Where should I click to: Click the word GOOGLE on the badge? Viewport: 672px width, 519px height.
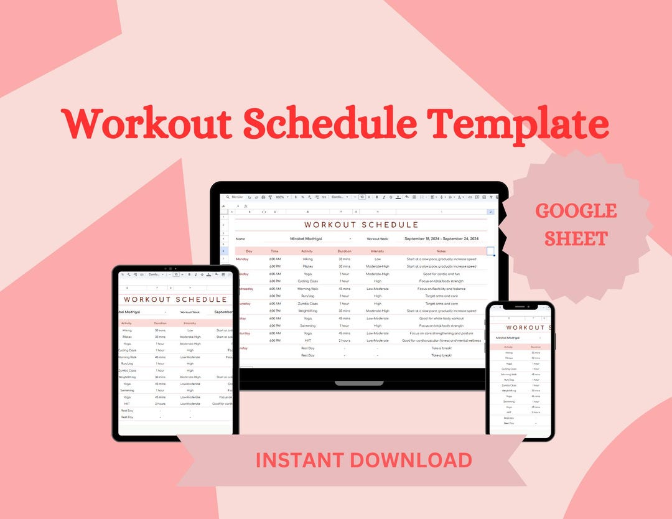point(576,211)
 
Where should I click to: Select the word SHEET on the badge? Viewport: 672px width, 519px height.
point(576,238)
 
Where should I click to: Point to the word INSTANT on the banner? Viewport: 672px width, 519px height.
point(300,460)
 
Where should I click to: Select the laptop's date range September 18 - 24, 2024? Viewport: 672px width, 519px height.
point(441,238)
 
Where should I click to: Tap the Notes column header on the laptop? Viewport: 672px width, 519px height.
point(441,251)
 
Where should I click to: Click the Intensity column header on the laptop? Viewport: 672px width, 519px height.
point(377,251)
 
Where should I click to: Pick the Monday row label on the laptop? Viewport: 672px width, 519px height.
point(242,259)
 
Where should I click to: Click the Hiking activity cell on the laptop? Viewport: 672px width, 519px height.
point(307,259)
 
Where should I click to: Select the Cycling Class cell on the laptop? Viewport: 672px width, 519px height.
point(307,281)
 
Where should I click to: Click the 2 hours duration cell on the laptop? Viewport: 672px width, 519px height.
point(344,340)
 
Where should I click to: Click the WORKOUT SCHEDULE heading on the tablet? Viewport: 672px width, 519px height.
point(175,300)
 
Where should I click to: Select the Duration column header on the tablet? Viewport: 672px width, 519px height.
point(160,324)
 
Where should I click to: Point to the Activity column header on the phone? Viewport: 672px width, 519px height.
point(508,347)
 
